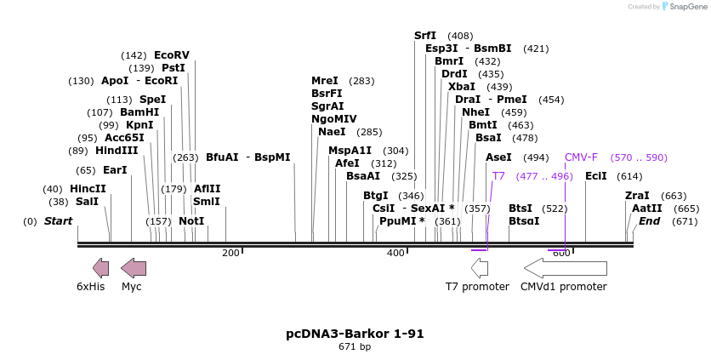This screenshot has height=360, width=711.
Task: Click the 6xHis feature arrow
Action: (100, 268)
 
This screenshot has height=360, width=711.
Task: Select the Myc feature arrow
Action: (134, 268)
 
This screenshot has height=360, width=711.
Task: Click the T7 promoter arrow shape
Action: (480, 268)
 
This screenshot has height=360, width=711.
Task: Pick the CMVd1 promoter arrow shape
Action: (565, 268)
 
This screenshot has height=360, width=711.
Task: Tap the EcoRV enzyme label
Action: (172, 54)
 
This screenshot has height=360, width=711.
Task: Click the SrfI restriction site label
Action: (425, 36)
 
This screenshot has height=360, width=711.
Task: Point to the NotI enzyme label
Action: (191, 220)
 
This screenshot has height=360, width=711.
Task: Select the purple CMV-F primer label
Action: (581, 157)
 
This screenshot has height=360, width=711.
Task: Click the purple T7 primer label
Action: (498, 175)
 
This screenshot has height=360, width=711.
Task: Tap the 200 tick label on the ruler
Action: (230, 253)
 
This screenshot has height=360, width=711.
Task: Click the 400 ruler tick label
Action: (395, 253)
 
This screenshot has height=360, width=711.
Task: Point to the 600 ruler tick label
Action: (560, 253)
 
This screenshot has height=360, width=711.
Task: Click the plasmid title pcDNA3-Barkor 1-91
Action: (355, 334)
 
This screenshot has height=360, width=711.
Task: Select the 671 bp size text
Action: (355, 346)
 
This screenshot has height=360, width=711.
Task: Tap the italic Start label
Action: (58, 220)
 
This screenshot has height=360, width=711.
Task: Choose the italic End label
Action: (649, 220)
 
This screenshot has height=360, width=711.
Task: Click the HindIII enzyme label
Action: (116, 150)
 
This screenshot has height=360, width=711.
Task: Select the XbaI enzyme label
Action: (462, 86)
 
